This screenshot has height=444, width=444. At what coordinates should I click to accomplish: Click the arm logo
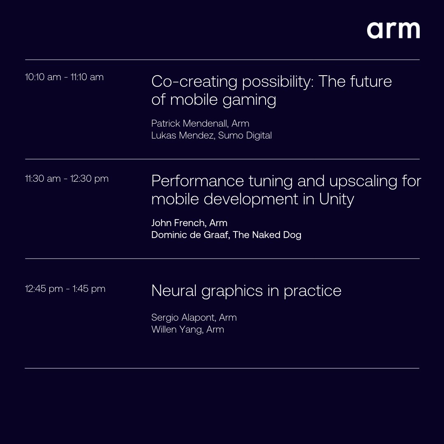click(x=393, y=30)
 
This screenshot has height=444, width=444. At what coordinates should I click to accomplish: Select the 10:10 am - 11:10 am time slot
click(x=64, y=77)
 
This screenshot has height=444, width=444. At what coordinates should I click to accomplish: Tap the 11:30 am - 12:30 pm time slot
click(x=67, y=179)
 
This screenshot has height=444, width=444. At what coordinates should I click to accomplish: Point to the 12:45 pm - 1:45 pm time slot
click(x=65, y=289)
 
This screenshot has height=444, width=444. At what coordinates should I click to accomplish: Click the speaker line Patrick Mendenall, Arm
click(x=200, y=123)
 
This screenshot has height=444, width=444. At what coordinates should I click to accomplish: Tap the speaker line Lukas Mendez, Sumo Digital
click(x=211, y=135)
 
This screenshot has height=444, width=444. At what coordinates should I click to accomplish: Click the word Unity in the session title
click(x=336, y=199)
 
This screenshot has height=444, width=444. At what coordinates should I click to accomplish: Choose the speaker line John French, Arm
click(x=189, y=223)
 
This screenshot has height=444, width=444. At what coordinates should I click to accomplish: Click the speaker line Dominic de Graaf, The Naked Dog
click(x=226, y=235)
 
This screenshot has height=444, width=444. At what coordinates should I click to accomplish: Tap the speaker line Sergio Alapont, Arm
click(x=194, y=317)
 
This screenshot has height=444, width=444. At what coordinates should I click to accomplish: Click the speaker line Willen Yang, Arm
click(x=187, y=330)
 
